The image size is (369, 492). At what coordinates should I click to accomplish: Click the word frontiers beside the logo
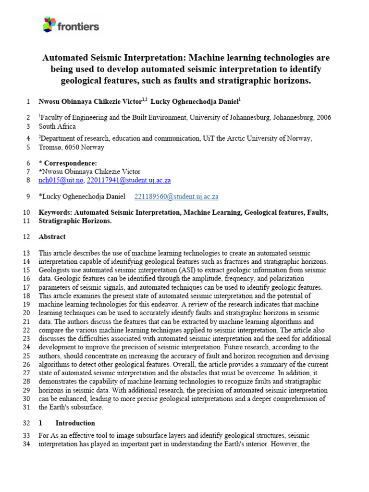(78, 26)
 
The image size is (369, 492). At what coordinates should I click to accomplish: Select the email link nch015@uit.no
(61, 181)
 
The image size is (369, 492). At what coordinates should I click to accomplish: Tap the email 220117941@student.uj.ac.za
(129, 181)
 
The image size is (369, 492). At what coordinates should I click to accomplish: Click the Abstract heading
(52, 237)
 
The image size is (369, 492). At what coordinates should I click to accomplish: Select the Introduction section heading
(75, 423)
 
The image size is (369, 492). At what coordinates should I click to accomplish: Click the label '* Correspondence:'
(67, 163)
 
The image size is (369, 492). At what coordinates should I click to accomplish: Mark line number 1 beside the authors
(28, 101)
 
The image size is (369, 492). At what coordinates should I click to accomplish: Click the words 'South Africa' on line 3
(57, 126)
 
